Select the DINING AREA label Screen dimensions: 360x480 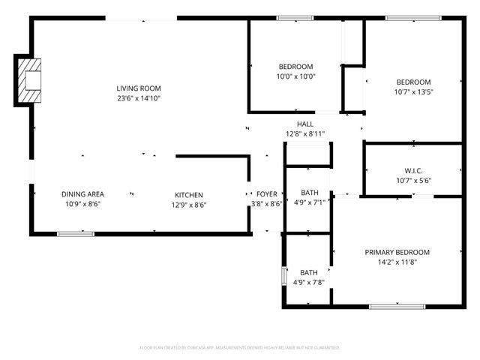tap(82, 194)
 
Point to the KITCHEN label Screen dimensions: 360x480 tap(189, 194)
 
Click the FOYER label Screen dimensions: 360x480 tap(266, 194)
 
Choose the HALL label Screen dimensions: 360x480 tap(304, 124)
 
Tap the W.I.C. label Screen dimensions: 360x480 tap(413, 170)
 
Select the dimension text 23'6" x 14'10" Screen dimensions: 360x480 tap(139, 98)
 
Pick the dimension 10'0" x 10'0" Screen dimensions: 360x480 tap(295, 76)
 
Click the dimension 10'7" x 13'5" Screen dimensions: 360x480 tap(413, 92)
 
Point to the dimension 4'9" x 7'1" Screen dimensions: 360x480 tap(309, 202)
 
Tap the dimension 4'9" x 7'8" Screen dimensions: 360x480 tap(309, 283)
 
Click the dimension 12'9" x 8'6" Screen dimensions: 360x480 tap(189, 205)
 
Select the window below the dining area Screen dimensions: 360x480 tap(76, 233)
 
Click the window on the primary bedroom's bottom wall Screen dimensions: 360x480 tap(397, 306)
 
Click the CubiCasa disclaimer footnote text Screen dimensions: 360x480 tap(240, 348)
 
